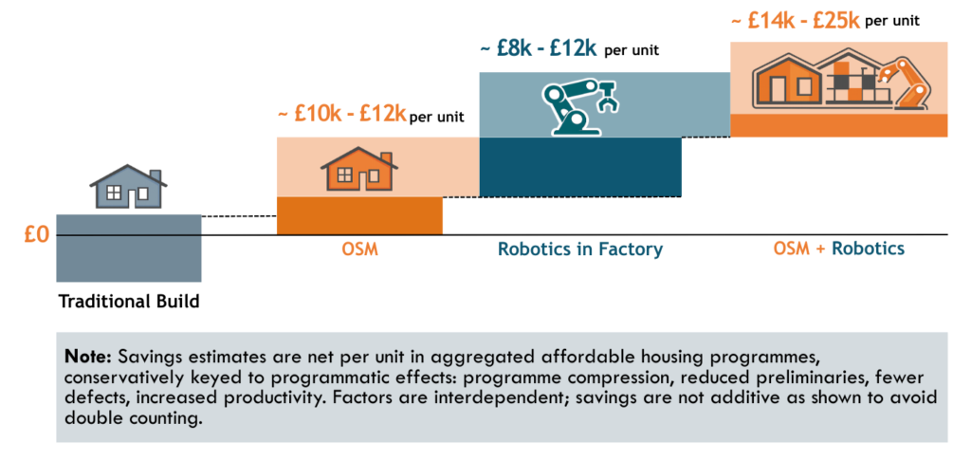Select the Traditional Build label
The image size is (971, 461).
tap(129, 303)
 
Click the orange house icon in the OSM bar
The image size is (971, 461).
tap(358, 171)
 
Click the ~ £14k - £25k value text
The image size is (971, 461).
tap(797, 19)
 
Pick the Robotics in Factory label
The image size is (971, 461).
tap(580, 250)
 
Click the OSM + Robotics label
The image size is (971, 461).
tap(838, 249)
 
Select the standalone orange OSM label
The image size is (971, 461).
tap(359, 249)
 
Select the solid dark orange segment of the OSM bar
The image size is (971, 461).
tap(359, 215)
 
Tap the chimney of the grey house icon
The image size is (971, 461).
tap(156, 177)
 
